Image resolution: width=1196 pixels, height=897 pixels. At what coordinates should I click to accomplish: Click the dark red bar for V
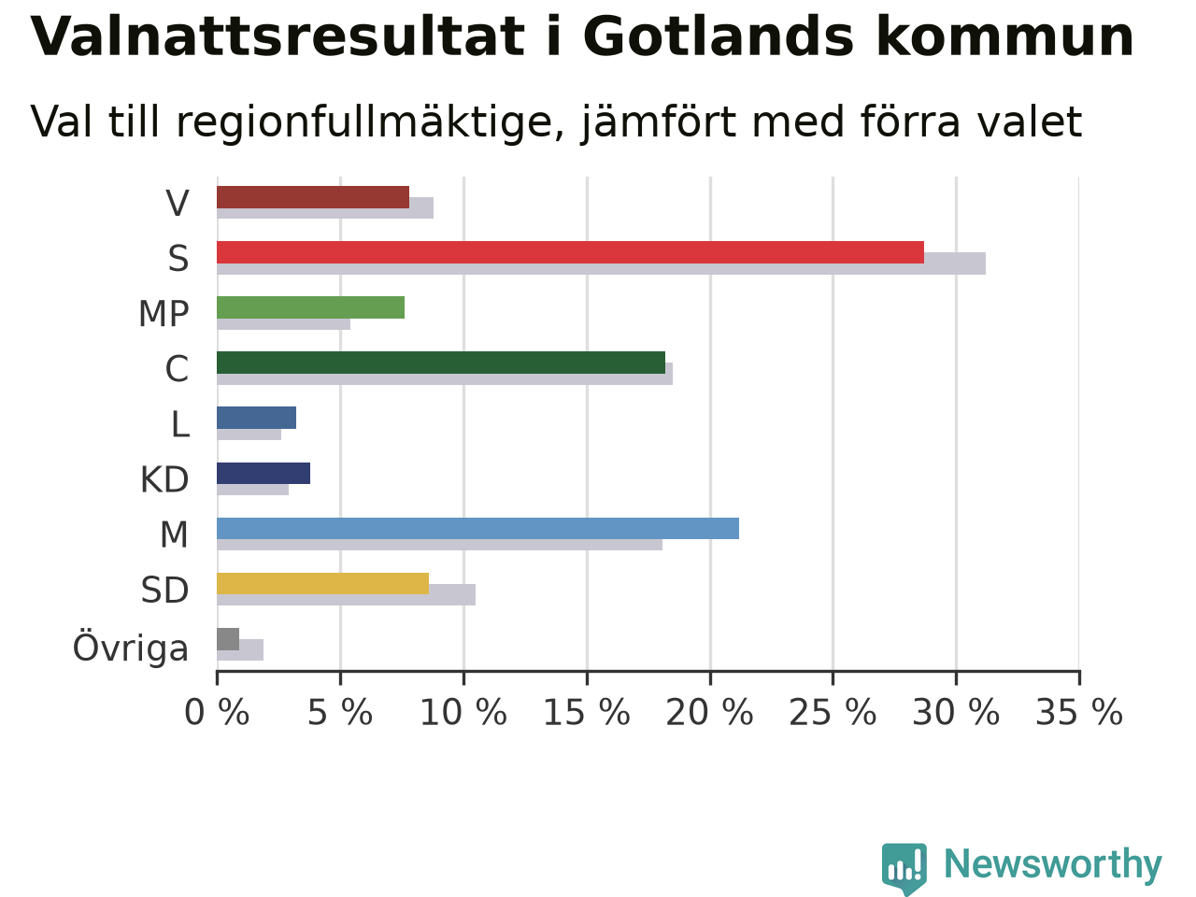pyautogui.click(x=313, y=197)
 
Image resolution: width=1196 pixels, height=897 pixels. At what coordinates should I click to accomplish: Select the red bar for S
pyautogui.click(x=571, y=252)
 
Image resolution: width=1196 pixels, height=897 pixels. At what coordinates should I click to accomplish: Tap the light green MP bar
pyautogui.click(x=310, y=307)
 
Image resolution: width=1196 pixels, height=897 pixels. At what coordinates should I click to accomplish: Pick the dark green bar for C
pyautogui.click(x=441, y=363)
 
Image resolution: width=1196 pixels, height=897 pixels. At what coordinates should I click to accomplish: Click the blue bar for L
pyautogui.click(x=256, y=418)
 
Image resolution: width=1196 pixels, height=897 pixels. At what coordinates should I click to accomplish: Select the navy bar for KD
pyautogui.click(x=263, y=473)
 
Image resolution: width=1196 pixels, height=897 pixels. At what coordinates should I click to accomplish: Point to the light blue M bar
pyautogui.click(x=477, y=528)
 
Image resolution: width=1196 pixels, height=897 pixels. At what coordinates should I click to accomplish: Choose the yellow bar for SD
pyautogui.click(x=322, y=583)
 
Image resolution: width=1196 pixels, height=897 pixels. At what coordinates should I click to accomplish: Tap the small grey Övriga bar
pyautogui.click(x=228, y=639)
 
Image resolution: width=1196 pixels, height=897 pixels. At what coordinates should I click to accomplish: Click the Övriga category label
pyautogui.click(x=131, y=647)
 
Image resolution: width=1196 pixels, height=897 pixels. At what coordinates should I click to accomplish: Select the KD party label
pyautogui.click(x=164, y=480)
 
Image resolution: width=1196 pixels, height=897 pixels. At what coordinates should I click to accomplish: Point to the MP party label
pyautogui.click(x=164, y=314)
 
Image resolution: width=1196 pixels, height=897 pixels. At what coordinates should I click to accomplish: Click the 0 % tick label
pyautogui.click(x=217, y=712)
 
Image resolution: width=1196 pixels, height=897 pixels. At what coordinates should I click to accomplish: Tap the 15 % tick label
pyautogui.click(x=587, y=712)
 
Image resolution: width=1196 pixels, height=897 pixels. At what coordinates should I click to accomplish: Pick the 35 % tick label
pyautogui.click(x=1079, y=712)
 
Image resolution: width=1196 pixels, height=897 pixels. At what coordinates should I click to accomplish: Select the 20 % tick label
pyautogui.click(x=710, y=712)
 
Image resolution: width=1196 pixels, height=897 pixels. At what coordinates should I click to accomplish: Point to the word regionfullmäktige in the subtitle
pyautogui.click(x=371, y=123)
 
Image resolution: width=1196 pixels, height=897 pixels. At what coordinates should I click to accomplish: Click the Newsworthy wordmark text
pyautogui.click(x=1053, y=863)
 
